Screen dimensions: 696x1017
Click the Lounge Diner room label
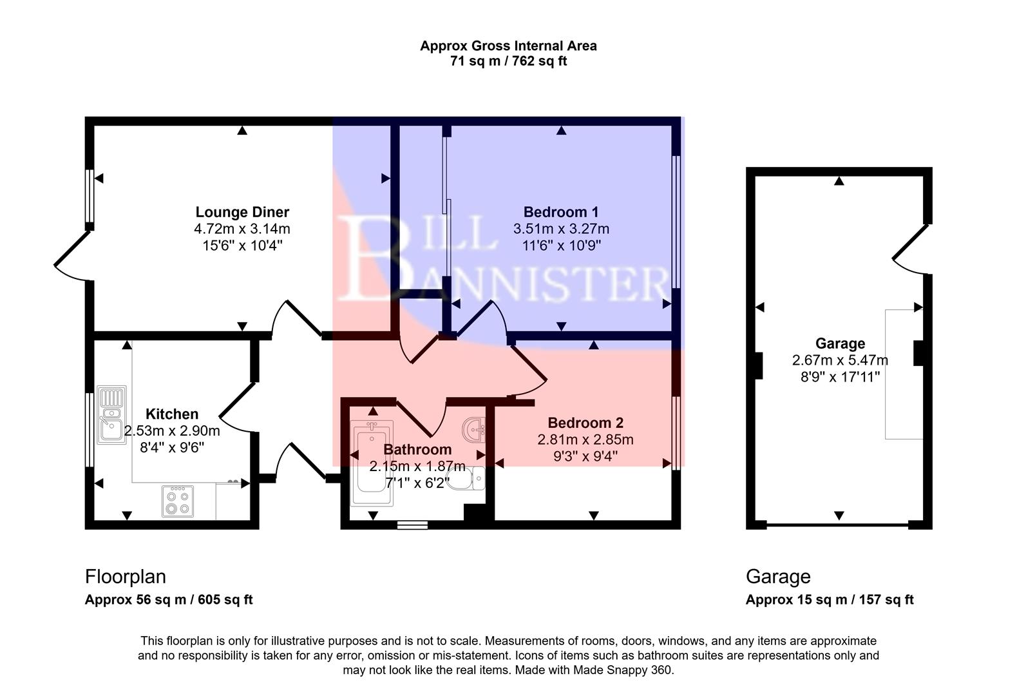coord(242,212)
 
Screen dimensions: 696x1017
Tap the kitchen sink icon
coord(111,415)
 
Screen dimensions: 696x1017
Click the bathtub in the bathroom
coord(371,464)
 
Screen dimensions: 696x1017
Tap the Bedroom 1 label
coord(560,212)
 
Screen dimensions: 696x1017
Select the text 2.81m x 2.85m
coord(585,440)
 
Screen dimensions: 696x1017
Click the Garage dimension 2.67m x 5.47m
coord(839,360)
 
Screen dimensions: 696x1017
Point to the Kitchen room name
coord(171,414)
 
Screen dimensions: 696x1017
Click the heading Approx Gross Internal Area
coord(508,46)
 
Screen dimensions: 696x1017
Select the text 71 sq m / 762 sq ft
coord(508,62)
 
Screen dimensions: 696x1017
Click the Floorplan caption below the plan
coord(126,576)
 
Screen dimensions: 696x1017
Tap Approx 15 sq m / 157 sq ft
coord(829,600)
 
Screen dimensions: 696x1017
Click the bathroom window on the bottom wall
coord(412,525)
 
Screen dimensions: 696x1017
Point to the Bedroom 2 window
coord(676,432)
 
